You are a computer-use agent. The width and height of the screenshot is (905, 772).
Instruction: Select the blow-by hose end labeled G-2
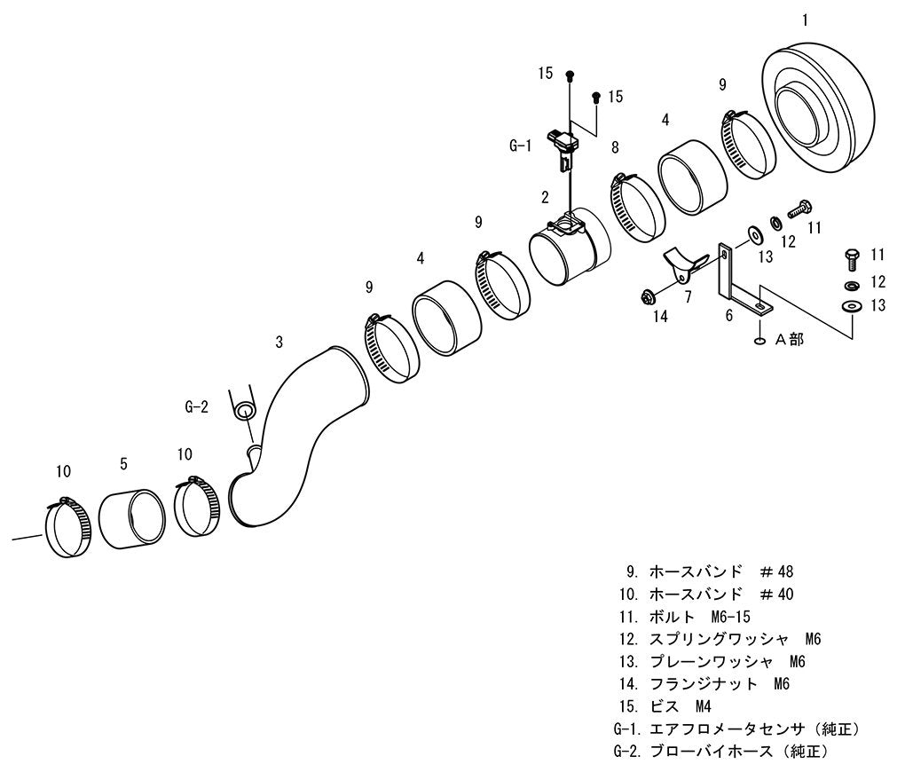[x=244, y=411]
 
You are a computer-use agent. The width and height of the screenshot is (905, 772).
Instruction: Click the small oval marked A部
[x=759, y=341]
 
